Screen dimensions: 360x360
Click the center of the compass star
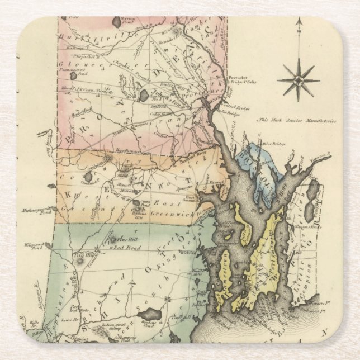pyautogui.click(x=299, y=80)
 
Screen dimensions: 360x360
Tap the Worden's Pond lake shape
pyautogui.click(x=149, y=315)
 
